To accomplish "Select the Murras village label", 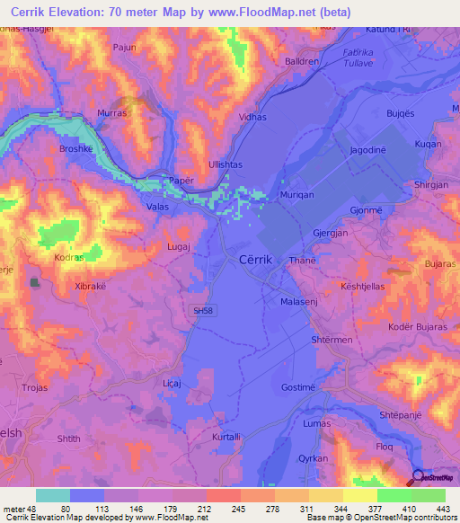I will pyautogui.click(x=113, y=114).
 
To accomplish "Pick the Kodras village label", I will pyautogui.click(x=68, y=256).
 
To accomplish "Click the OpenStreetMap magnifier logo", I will pyautogui.click(x=419, y=476).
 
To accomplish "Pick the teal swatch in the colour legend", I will pyautogui.click(x=53, y=495).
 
